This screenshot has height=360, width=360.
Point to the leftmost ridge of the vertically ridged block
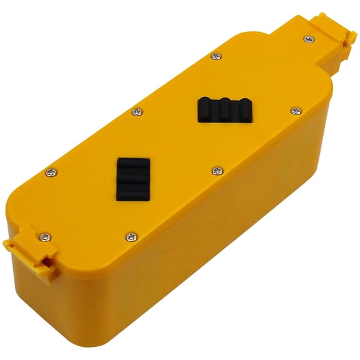click(207, 110)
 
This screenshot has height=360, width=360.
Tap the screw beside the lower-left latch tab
click(46, 236)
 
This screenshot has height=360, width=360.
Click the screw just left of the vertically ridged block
click(135, 112)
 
